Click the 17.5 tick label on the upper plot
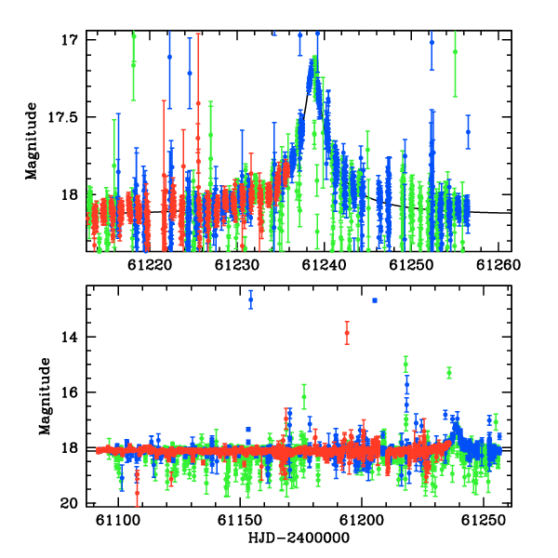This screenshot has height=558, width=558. (62, 117)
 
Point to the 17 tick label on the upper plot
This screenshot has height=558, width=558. (69, 40)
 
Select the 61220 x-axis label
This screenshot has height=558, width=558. (150, 265)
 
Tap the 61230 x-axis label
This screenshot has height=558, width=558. (236, 265)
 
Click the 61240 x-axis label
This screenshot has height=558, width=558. (324, 265)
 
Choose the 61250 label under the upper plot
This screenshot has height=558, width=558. (411, 265)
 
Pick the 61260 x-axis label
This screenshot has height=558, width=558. (498, 265)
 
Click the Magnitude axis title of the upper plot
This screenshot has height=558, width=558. (32, 141)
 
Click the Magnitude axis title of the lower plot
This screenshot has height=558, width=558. (45, 396)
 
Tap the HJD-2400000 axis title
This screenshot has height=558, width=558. (299, 538)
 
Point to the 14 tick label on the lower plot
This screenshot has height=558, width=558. (69, 337)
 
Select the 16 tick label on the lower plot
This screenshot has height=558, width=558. (69, 392)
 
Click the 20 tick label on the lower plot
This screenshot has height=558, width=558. (69, 503)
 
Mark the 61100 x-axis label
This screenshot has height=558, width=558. (118, 520)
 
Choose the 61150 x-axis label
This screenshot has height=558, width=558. (240, 520)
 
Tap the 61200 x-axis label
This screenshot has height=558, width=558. (362, 520)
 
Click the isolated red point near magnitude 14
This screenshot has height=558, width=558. (347, 333)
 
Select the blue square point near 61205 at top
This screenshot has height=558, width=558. (375, 300)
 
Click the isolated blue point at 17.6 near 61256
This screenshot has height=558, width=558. (469, 132)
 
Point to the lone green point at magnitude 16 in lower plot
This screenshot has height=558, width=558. (304, 397)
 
